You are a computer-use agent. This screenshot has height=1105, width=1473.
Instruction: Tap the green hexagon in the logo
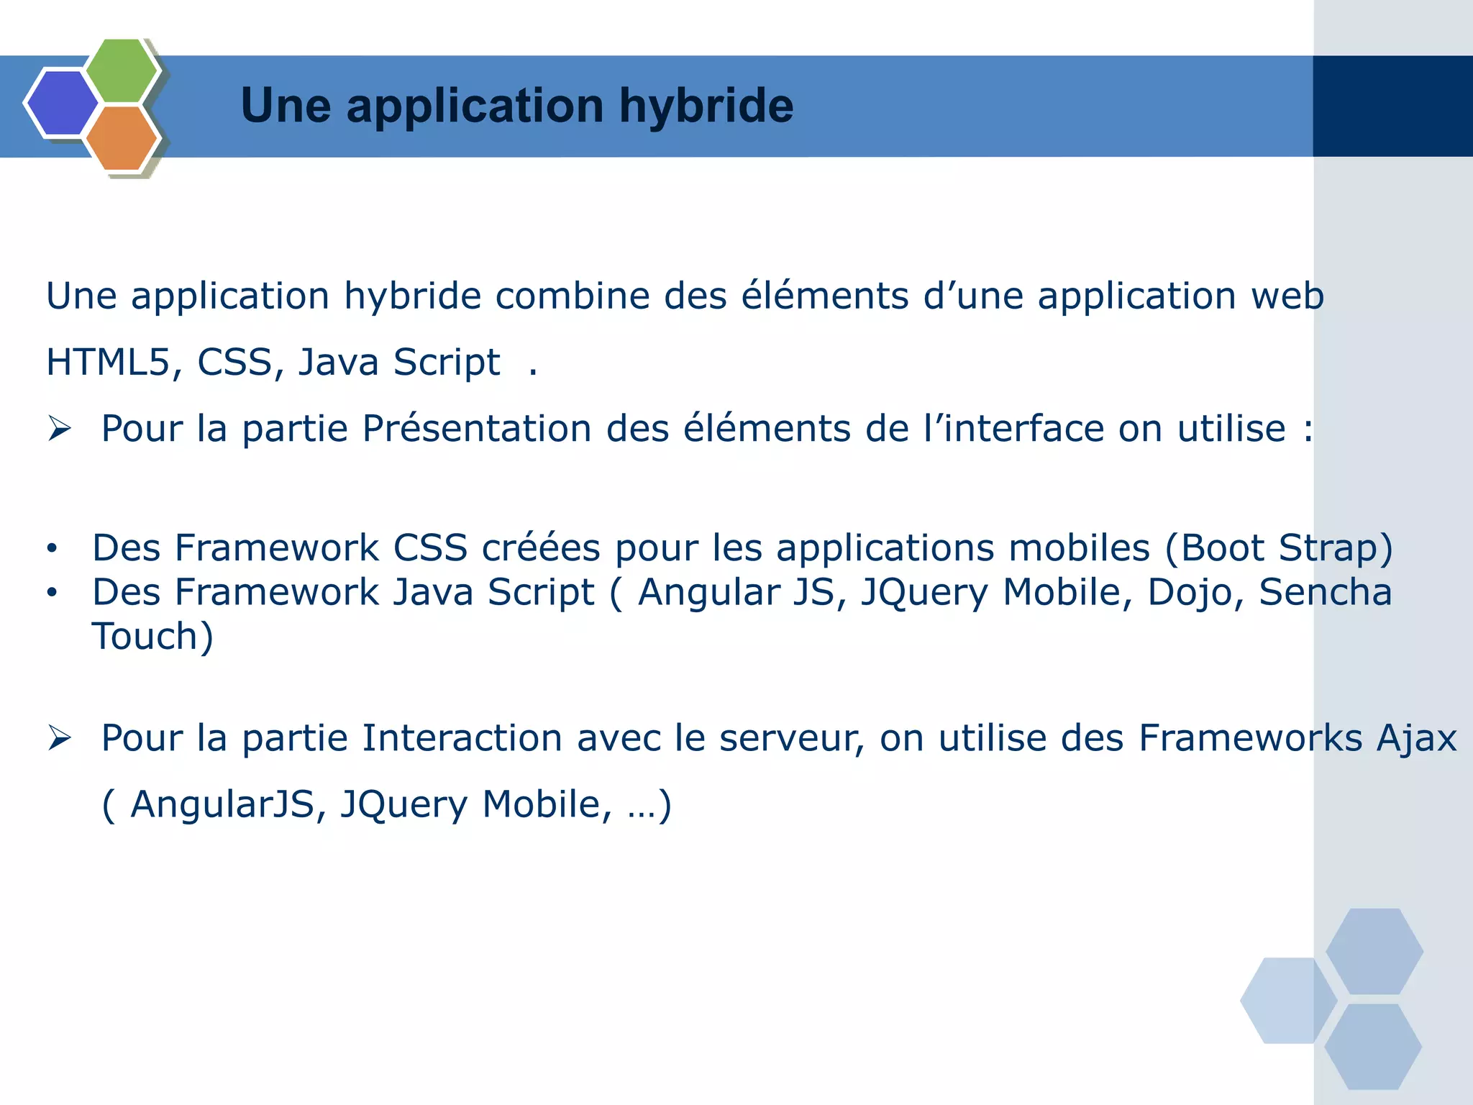(122, 71)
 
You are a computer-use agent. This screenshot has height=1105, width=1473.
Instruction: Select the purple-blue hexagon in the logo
(62, 103)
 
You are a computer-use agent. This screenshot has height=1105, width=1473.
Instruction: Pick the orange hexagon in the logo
(122, 138)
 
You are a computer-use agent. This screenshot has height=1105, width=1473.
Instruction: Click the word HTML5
(109, 362)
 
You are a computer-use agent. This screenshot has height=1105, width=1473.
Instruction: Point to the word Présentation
(476, 429)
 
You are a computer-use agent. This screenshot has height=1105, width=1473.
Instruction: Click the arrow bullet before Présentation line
(60, 429)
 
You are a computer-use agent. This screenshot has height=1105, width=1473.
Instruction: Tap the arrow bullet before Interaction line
(60, 738)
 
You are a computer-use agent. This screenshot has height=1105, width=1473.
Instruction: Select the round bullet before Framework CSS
(52, 549)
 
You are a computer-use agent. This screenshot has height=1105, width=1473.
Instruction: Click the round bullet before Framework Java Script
(52, 593)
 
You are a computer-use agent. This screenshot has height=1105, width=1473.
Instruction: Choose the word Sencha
(1325, 592)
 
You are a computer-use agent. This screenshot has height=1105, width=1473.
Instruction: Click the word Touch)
(152, 637)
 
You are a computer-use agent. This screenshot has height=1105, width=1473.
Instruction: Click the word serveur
(789, 739)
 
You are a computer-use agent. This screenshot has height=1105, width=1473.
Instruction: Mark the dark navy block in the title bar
(1392, 106)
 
